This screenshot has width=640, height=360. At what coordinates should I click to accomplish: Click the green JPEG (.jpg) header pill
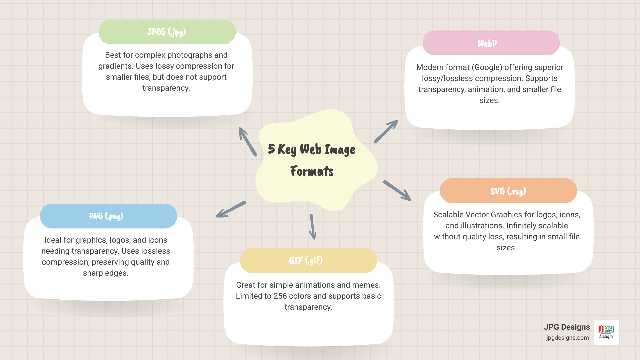pos(167,32)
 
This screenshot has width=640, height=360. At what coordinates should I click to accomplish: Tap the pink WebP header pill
pos(491,43)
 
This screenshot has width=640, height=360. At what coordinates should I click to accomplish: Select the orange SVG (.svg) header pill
pos(508,191)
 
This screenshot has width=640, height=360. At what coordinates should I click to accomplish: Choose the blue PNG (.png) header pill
pos(108,216)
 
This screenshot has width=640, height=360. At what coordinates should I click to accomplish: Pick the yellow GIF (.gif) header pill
pos(308,261)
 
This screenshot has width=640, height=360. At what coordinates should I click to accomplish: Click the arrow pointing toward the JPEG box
pos(248,142)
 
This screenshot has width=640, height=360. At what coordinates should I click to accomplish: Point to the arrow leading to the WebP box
pos(386,131)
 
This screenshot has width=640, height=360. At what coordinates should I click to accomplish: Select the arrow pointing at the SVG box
pos(397,191)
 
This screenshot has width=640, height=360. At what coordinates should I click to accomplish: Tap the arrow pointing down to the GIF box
pos(313,227)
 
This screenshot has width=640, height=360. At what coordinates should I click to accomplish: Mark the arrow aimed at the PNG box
pos(231,210)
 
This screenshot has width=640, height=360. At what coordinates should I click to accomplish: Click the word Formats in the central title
pos(312,171)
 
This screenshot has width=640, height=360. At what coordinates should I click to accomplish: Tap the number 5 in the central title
pos(271,149)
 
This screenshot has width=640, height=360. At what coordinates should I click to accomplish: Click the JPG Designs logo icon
pos(606,332)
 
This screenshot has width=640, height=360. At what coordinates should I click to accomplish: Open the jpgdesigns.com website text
pos(567,338)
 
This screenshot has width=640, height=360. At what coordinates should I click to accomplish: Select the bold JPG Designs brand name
pos(567,327)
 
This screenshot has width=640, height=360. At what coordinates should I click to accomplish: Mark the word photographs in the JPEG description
pos(185,55)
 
